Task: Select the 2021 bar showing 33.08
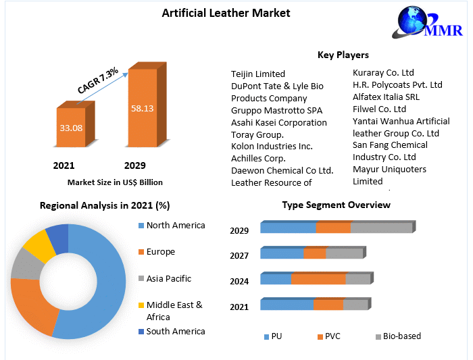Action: pyautogui.click(x=71, y=128)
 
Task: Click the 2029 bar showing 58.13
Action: pyautogui.click(x=142, y=108)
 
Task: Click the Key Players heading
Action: pyautogui.click(x=343, y=55)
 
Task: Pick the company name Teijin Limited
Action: pyautogui.click(x=258, y=74)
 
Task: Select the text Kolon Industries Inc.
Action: pyautogui.click(x=272, y=146)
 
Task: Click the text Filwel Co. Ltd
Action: pyautogui.click(x=379, y=109)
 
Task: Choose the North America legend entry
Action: pyautogui.click(x=175, y=226)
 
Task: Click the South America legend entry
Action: pyautogui.click(x=175, y=332)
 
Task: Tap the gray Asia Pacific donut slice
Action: pyautogui.click(x=26, y=264)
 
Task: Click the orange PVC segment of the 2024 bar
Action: pyautogui.click(x=318, y=280)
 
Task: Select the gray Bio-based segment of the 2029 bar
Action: pyautogui.click(x=381, y=228)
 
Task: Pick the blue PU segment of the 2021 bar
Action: pyautogui.click(x=287, y=305)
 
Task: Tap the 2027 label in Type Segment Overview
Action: pyautogui.click(x=239, y=256)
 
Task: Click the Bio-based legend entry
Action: pyautogui.click(x=401, y=336)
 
